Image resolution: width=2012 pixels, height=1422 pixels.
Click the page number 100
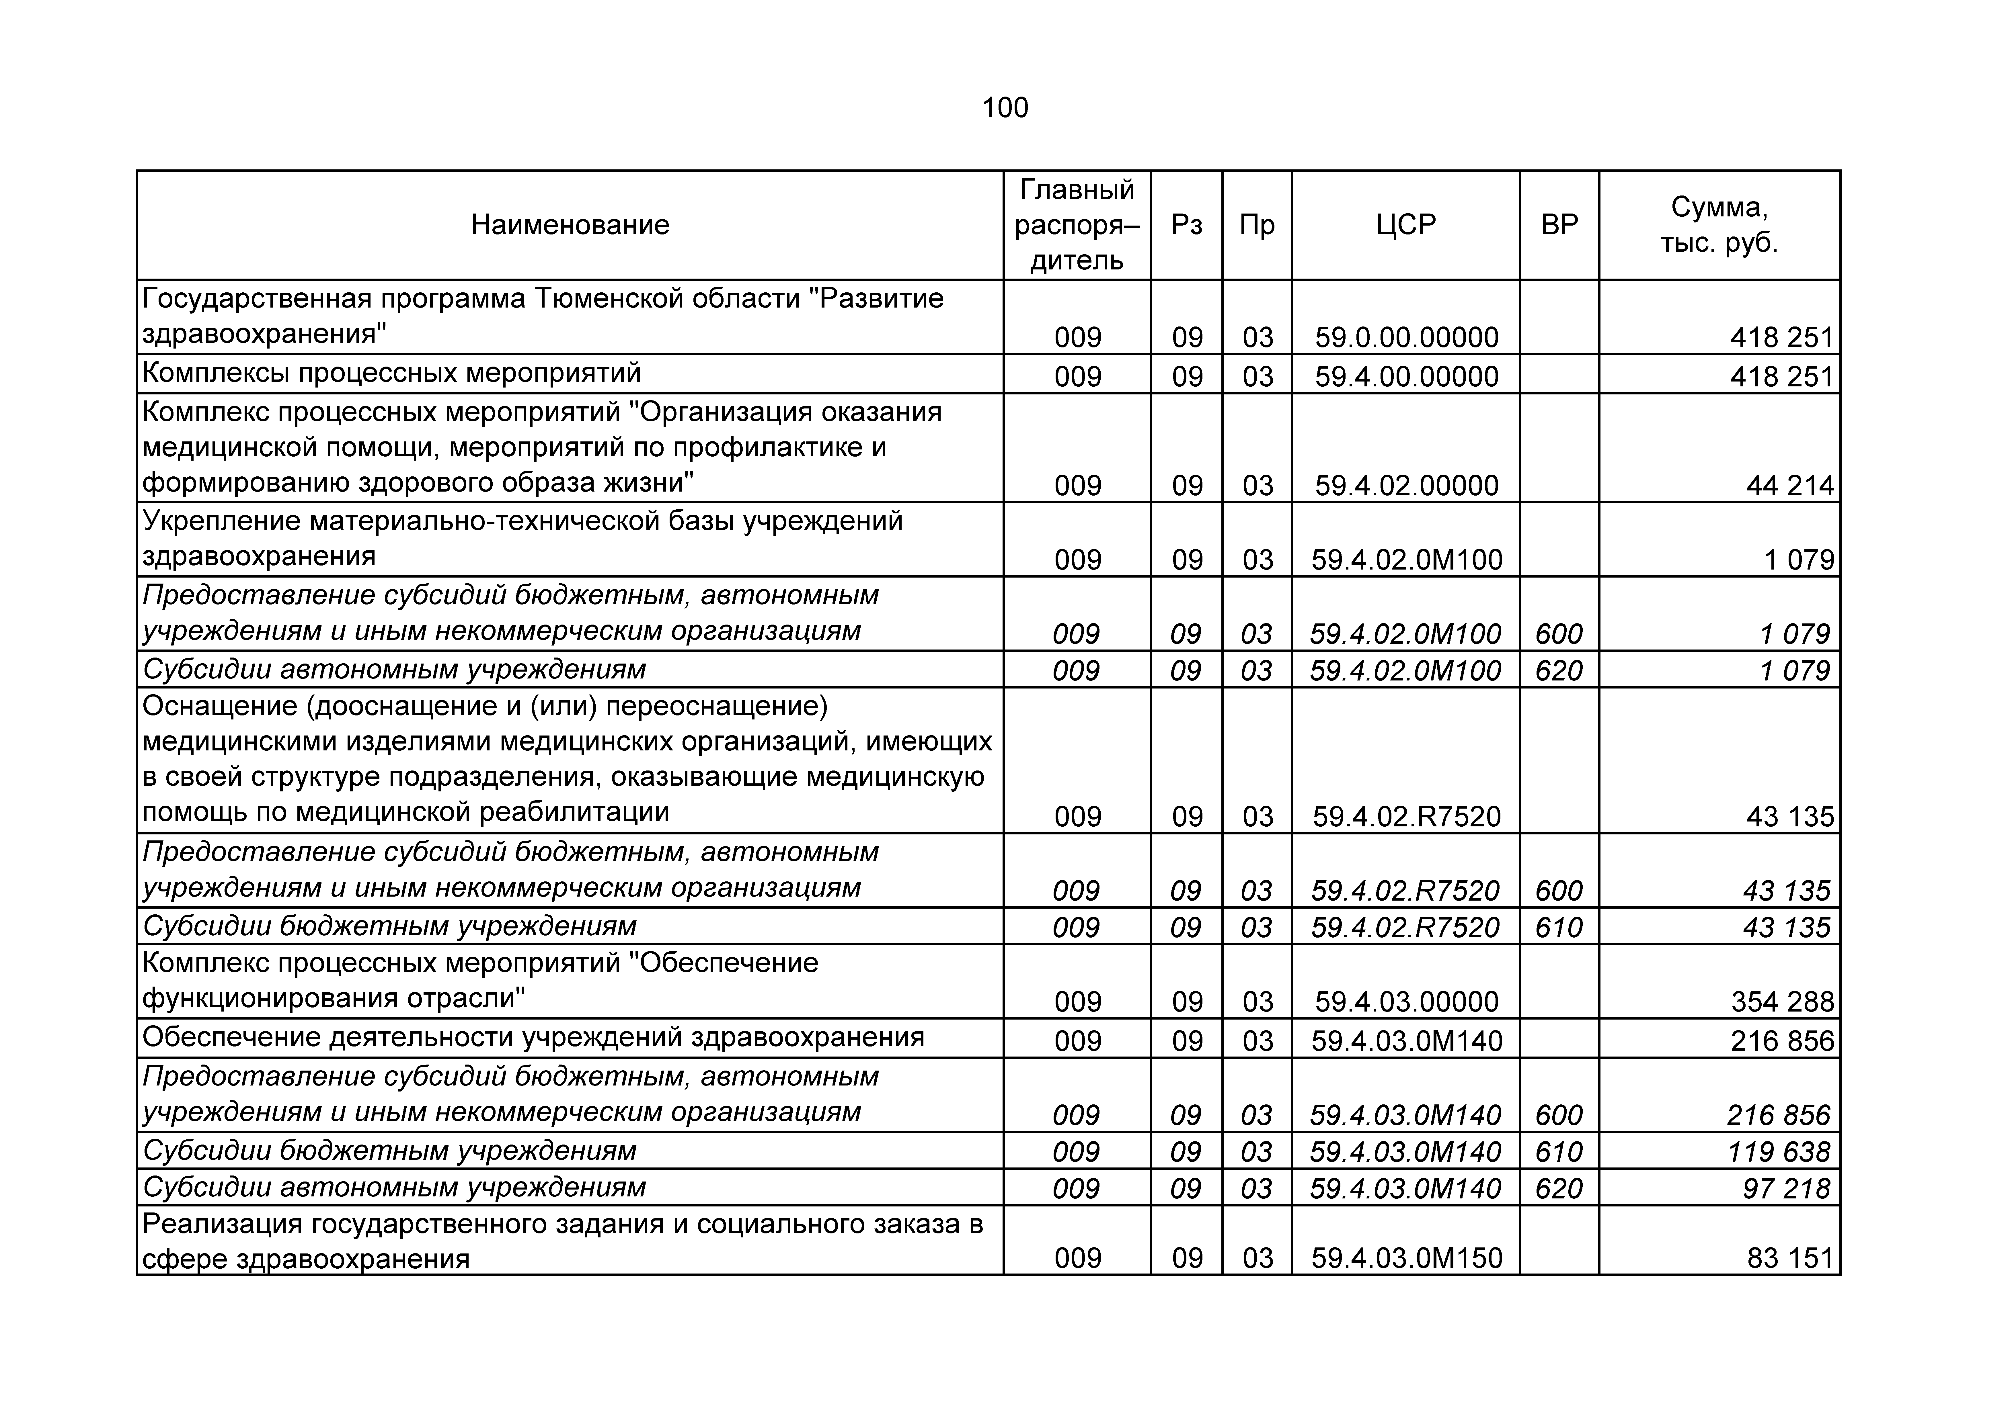pyautogui.click(x=1005, y=108)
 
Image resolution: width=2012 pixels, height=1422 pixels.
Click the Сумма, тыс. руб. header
pyautogui.click(x=1719, y=225)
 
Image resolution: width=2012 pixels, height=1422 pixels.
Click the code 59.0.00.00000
pyautogui.click(x=1406, y=337)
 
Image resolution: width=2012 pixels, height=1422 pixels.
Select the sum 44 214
pyautogui.click(x=1789, y=485)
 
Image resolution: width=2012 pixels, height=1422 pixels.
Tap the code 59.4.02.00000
pyautogui.click(x=1406, y=485)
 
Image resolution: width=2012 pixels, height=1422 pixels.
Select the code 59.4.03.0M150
pyautogui.click(x=1406, y=1258)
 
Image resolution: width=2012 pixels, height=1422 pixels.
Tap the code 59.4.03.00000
pyautogui.click(x=1406, y=1002)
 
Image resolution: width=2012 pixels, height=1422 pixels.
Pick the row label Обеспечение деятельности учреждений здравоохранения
pyautogui.click(x=533, y=1037)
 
